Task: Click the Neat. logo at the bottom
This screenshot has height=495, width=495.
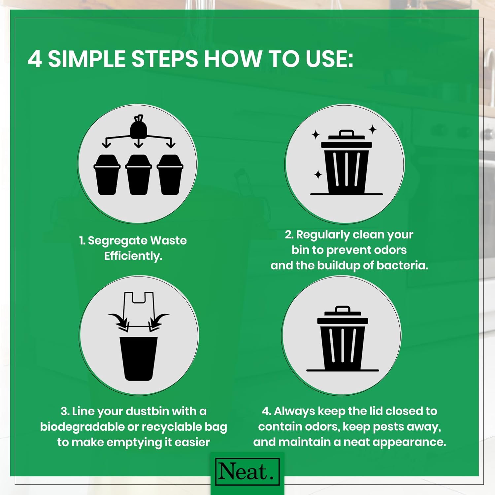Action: (x=247, y=472)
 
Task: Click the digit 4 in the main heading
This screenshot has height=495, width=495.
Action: (x=35, y=59)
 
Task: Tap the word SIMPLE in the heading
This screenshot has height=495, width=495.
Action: (x=87, y=59)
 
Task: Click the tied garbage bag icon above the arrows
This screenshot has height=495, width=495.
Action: (x=139, y=127)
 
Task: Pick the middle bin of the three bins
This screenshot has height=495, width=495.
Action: (x=139, y=175)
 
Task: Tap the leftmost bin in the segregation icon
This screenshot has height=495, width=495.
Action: (x=107, y=175)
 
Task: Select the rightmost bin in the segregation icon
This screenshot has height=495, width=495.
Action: (x=170, y=175)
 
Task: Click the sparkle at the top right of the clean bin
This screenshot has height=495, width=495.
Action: (x=373, y=129)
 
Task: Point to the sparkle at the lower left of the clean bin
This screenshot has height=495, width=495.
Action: (x=318, y=175)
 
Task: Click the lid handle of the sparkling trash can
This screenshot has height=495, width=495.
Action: (x=346, y=133)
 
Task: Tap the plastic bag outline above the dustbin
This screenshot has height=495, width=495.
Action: (x=139, y=309)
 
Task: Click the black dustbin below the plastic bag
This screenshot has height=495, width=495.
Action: (x=139, y=358)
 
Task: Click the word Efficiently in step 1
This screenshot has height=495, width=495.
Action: (x=133, y=256)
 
